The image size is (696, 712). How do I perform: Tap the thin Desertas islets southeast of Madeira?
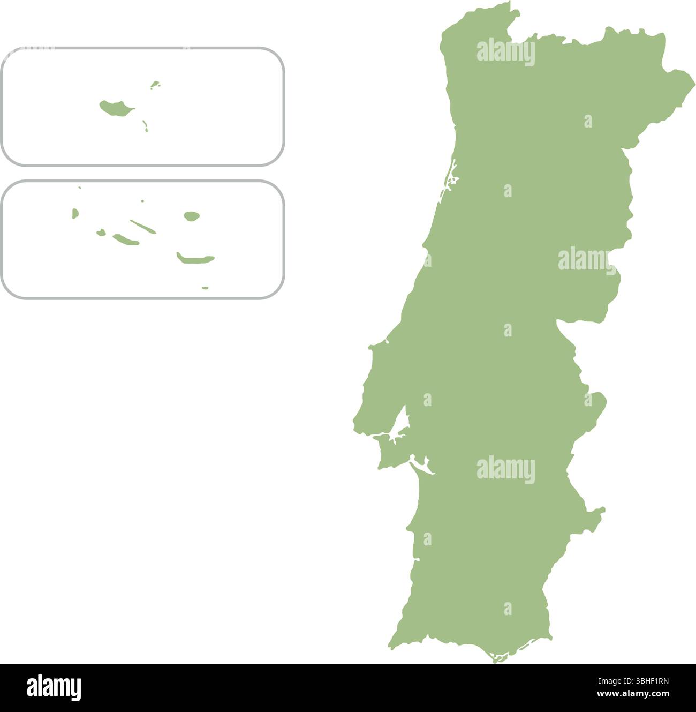pyautogui.click(x=145, y=126)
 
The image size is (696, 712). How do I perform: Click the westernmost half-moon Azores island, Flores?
pyautogui.click(x=75, y=214)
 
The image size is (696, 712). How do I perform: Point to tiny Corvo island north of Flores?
pyautogui.click(x=80, y=188)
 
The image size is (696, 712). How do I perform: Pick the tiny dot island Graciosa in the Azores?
pyautogui.click(x=142, y=201)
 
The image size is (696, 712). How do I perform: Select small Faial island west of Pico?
pyautogui.click(x=101, y=233)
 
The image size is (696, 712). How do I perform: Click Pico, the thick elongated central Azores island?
pyautogui.click(x=126, y=239)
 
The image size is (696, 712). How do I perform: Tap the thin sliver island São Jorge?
pyautogui.click(x=143, y=227)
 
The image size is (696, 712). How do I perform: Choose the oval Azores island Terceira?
pyautogui.click(x=192, y=216)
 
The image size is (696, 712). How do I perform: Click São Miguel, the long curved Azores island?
pyautogui.click(x=195, y=260)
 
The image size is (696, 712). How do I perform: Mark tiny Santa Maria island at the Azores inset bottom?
pyautogui.click(x=205, y=288)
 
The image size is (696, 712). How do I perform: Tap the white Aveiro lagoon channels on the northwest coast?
pyautogui.click(x=451, y=177)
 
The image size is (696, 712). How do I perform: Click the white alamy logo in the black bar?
pyautogui.click(x=54, y=687)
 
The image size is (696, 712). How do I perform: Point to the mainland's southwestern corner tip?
pyautogui.click(x=391, y=648)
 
